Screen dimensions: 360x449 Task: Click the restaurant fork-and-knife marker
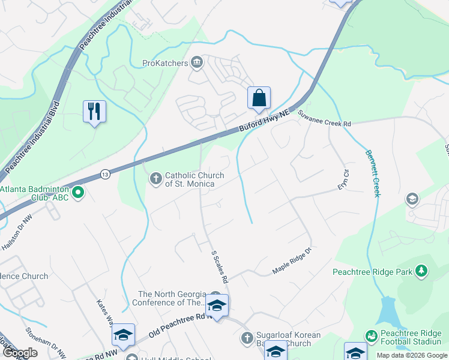(94, 112)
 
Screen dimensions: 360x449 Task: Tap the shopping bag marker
(259, 98)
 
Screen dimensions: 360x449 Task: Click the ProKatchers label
(165, 62)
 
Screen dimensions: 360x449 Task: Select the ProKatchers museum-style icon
(197, 62)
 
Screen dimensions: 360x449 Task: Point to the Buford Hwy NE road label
(264, 120)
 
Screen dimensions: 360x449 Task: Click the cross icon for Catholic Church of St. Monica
(155, 179)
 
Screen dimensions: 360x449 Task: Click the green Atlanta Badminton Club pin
(78, 193)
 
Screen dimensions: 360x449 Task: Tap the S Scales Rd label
(220, 266)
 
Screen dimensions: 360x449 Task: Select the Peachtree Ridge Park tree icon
(421, 272)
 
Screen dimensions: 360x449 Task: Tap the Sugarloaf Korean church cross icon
(246, 338)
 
